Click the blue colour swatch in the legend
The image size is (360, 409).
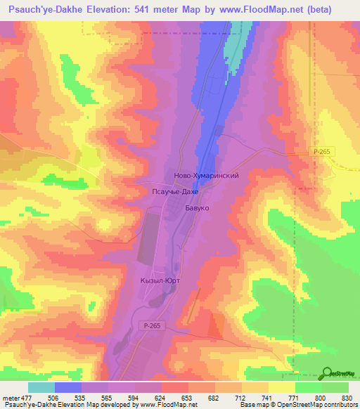[x=67, y=387]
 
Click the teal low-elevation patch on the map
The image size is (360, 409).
[x=233, y=49]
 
